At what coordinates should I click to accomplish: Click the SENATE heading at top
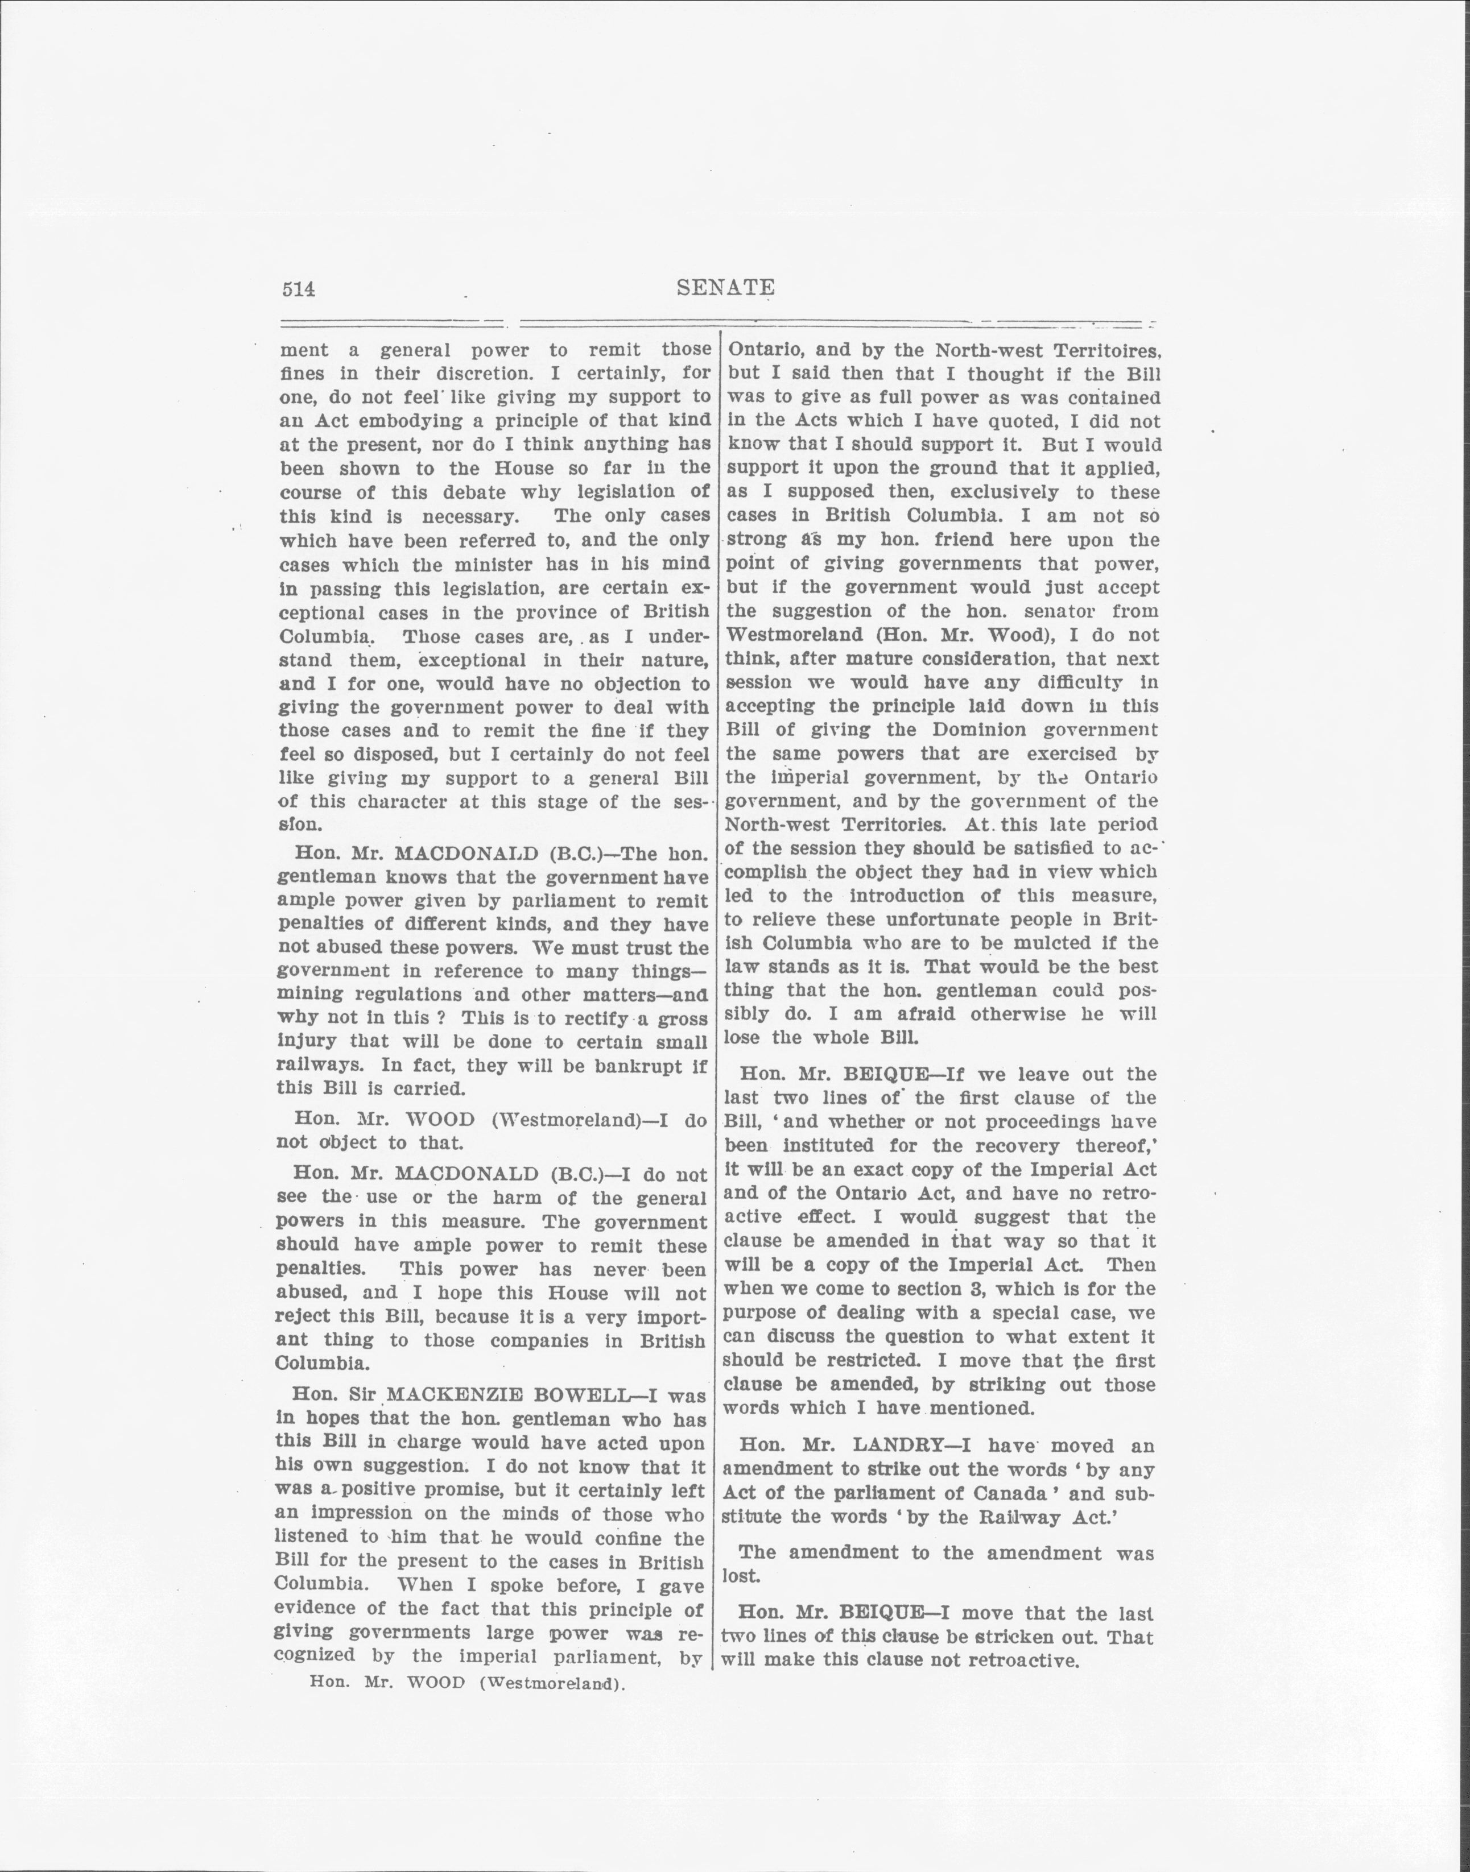point(725,287)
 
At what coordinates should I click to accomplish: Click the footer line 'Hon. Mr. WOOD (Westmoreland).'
point(467,1684)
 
